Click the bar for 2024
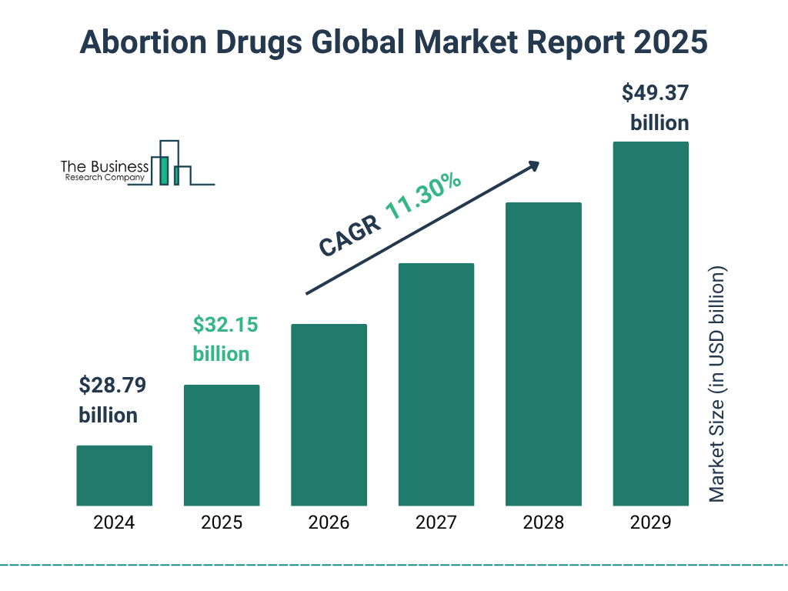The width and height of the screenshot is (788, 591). point(114,476)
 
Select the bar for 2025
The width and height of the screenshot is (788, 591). point(222,445)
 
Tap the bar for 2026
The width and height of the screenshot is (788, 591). point(329,415)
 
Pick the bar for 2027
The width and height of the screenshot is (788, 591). point(436,384)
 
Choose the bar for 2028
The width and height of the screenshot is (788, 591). point(543,354)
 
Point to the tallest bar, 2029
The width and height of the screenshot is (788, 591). point(650,323)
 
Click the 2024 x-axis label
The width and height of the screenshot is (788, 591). point(114,523)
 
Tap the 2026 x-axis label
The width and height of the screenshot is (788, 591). point(329,523)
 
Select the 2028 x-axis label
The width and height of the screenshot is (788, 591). point(543,523)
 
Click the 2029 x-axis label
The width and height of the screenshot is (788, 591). point(650,523)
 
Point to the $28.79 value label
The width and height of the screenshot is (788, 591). point(112,385)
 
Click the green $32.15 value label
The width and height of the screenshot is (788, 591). point(225,325)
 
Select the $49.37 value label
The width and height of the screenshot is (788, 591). point(655,93)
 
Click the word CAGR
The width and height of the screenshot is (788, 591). point(349,235)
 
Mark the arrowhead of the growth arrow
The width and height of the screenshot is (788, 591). point(533,166)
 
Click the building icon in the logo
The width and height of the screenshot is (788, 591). point(171,163)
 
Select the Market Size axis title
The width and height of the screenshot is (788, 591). point(717,385)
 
